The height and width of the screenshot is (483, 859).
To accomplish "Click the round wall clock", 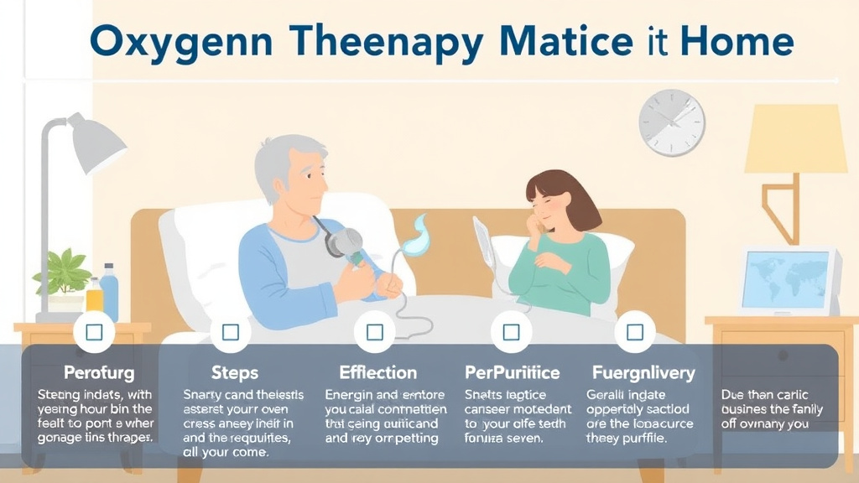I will [x=671, y=122].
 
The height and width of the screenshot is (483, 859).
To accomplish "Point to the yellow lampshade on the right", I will [x=795, y=139].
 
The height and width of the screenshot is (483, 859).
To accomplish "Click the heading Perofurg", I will [x=98, y=371].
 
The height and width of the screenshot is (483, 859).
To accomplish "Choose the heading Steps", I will [x=234, y=371].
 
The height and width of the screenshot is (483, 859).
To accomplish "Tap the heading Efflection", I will [x=377, y=371].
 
